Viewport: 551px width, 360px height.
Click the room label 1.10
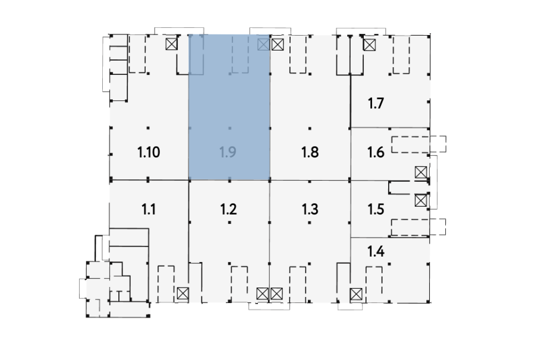[x=149, y=153]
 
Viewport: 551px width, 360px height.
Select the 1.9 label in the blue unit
[x=228, y=153]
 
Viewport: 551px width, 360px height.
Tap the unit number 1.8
[x=310, y=153]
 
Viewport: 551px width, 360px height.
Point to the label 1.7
[x=376, y=103]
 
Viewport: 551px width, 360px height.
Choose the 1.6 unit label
[x=376, y=153]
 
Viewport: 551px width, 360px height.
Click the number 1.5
[x=376, y=209]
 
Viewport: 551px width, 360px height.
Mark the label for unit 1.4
[x=376, y=251]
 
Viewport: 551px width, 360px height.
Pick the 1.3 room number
[x=310, y=209]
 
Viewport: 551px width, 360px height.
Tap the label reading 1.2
[x=228, y=209]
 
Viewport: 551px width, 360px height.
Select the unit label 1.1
[x=148, y=209]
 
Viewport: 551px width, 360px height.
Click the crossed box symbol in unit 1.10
[x=172, y=44]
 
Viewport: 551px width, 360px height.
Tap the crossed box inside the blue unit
[x=263, y=45]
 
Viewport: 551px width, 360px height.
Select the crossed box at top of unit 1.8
[x=277, y=45]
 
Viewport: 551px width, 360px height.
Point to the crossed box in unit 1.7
[x=369, y=45]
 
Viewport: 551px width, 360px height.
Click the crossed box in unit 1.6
[x=421, y=172]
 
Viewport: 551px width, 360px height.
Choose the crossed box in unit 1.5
[x=421, y=201]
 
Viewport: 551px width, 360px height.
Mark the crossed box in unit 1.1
[x=182, y=293]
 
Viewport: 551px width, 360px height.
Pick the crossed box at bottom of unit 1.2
[x=263, y=293]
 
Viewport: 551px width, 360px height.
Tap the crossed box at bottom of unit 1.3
[x=276, y=293]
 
